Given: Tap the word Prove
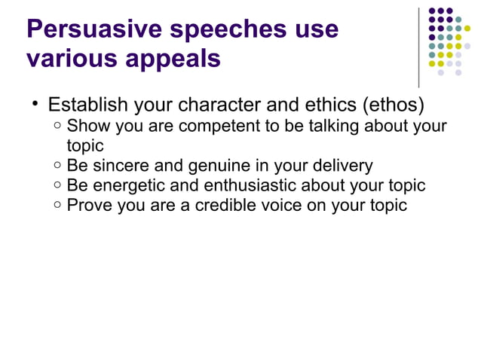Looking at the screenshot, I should (x=87, y=204).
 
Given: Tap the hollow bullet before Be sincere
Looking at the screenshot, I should (x=57, y=166).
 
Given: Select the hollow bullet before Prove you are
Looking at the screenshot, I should (x=57, y=205).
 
